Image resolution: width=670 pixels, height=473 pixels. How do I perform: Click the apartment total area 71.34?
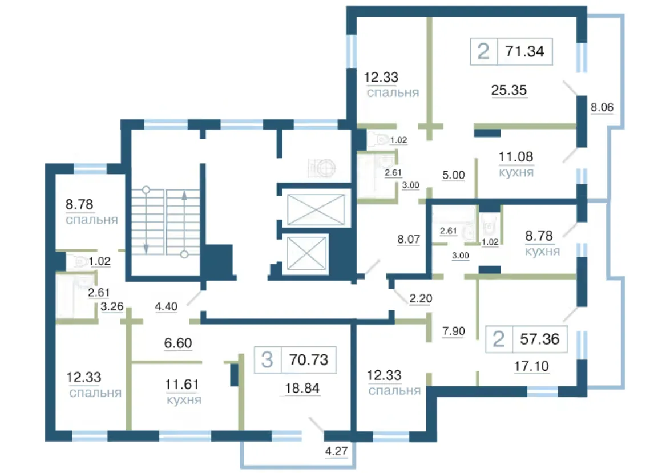(x=524, y=51)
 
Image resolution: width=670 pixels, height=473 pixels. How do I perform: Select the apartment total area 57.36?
(x=539, y=339)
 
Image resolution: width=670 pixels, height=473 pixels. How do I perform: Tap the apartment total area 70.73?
(x=309, y=359)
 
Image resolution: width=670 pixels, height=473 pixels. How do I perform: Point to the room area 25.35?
(x=508, y=90)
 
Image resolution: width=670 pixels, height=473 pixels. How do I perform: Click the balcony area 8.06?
(x=602, y=107)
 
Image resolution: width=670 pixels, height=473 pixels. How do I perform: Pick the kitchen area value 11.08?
(x=516, y=157)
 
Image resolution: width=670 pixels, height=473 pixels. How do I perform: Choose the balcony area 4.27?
(x=336, y=451)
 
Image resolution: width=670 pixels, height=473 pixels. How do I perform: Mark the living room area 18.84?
(x=302, y=388)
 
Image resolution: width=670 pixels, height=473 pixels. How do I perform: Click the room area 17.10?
(x=531, y=366)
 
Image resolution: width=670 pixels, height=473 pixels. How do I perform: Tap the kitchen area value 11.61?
(x=182, y=384)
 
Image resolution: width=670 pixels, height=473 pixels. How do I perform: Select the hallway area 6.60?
(x=177, y=343)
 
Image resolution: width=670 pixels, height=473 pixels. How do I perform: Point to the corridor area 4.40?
(x=166, y=306)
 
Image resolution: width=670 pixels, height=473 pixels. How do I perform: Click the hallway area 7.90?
(x=453, y=331)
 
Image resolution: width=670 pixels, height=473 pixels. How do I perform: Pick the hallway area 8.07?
(x=409, y=239)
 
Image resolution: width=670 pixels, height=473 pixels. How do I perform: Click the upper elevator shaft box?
(x=316, y=209)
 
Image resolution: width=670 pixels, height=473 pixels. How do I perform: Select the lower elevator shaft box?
(x=306, y=253)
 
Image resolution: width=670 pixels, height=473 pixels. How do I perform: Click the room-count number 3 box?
(x=268, y=360)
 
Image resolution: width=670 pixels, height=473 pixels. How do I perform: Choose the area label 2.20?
(x=421, y=298)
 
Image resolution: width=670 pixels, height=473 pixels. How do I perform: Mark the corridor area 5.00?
(x=453, y=175)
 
